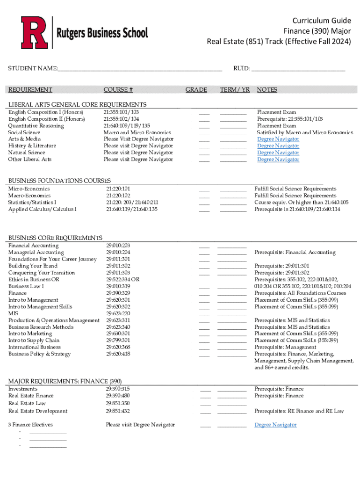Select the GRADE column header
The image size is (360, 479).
(196, 90)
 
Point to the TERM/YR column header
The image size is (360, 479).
(235, 90)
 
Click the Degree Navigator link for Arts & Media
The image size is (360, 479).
(278, 139)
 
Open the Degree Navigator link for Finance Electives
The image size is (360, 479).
(275, 425)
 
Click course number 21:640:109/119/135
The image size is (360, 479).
(127, 126)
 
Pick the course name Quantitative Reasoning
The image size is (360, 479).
(36, 126)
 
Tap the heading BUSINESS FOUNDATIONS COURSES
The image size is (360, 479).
(59, 181)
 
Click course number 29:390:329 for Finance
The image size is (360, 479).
(118, 293)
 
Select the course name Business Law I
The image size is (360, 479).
(26, 286)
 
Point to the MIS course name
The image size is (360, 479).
(13, 313)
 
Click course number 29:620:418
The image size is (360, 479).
(118, 354)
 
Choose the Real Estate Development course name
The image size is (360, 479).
(38, 411)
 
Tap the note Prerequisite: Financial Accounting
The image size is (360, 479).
(295, 253)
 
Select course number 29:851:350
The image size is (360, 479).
(118, 403)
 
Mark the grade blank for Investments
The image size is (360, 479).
(205, 389)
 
